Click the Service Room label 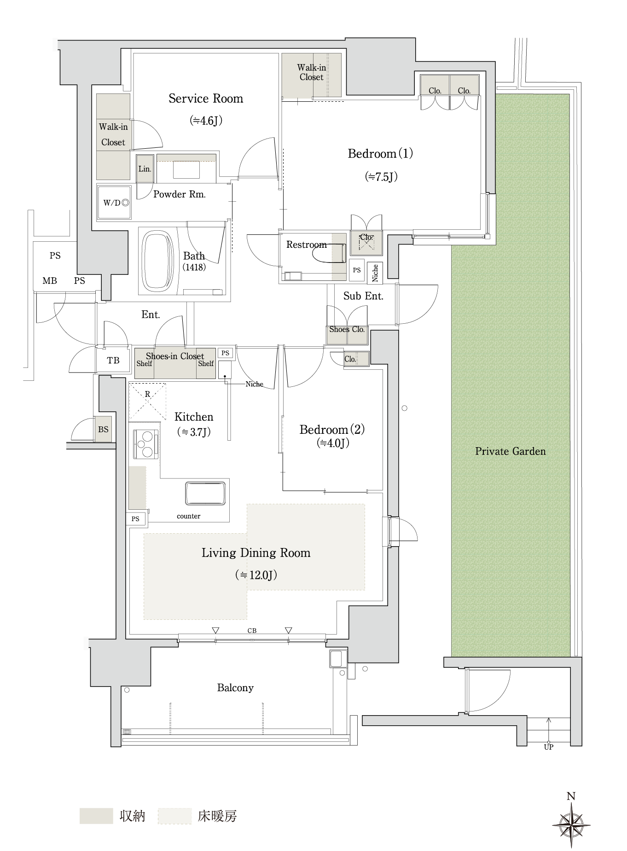pyautogui.click(x=205, y=99)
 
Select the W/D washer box pyautogui.click(x=114, y=202)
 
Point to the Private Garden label pyautogui.click(x=510, y=451)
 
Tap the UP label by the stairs pyautogui.click(x=548, y=747)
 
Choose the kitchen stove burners pyautogui.click(x=146, y=444)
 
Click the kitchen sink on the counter pyautogui.click(x=205, y=494)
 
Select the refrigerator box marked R pyautogui.click(x=147, y=401)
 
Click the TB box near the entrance pyautogui.click(x=113, y=361)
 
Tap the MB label pyautogui.click(x=50, y=280)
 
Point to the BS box pyautogui.click(x=103, y=429)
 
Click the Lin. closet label pyautogui.click(x=145, y=169)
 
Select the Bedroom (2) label pyautogui.click(x=332, y=430)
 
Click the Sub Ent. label pyautogui.click(x=363, y=296)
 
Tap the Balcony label pyautogui.click(x=235, y=688)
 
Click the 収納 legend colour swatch pyautogui.click(x=96, y=816)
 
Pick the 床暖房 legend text pyautogui.click(x=217, y=816)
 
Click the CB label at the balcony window pyautogui.click(x=252, y=630)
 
